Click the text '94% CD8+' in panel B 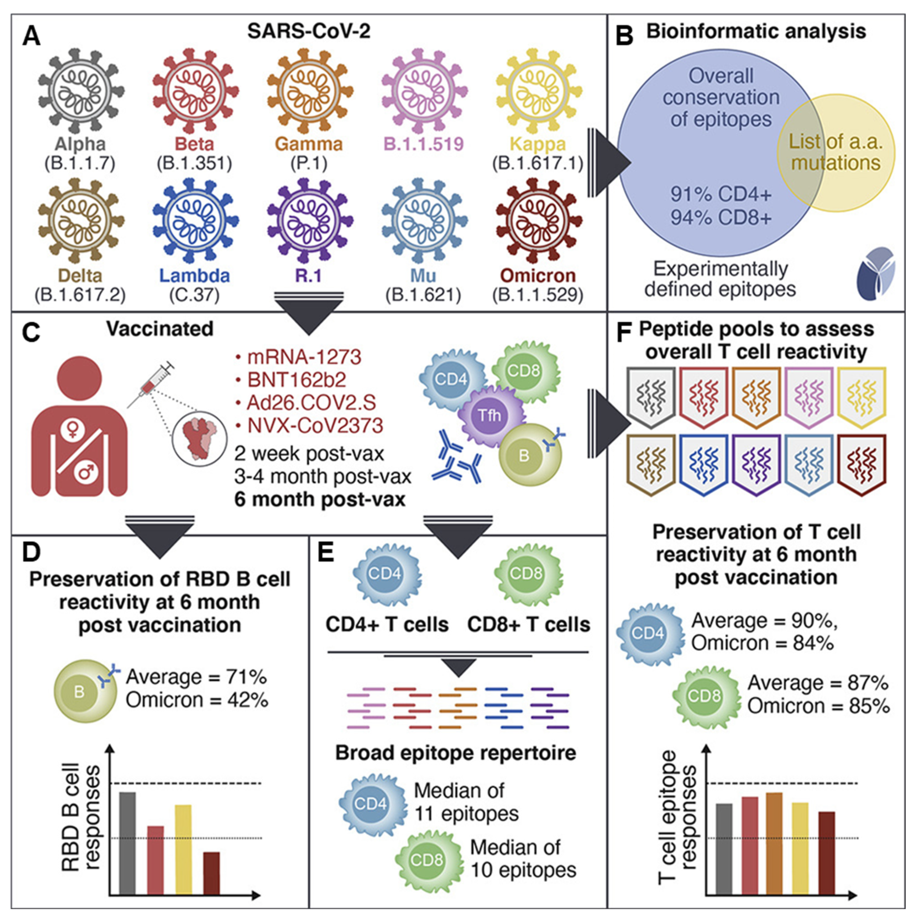tap(721, 218)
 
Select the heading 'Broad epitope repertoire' tap(456, 752)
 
